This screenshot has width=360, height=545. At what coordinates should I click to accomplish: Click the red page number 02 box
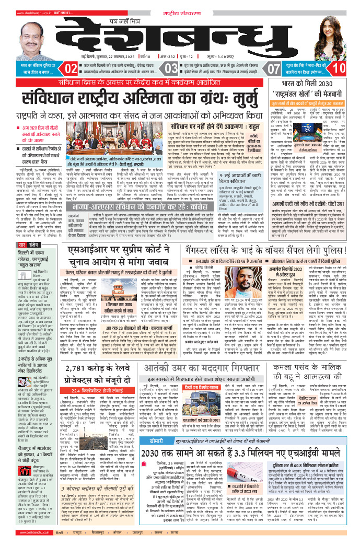(71, 68)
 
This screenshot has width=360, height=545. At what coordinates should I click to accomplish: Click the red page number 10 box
(339, 68)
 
